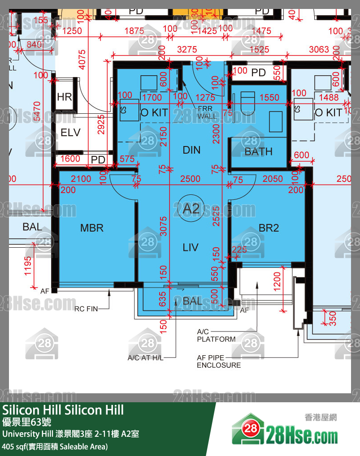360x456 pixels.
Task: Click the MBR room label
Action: coord(92,228)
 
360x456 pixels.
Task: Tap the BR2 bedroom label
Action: coord(269,228)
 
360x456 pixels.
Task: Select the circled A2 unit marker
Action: coord(191,208)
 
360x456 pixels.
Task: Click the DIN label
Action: coord(191,150)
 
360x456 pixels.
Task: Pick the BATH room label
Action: coord(258,152)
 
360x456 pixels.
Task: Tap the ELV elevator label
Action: coord(70,133)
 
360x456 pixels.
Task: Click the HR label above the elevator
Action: coord(65,97)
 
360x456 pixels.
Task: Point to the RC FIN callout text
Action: coord(86,308)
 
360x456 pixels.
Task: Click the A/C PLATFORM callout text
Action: coord(216,336)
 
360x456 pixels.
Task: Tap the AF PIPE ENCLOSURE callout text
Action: coord(219,361)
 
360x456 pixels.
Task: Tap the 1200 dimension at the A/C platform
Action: coord(277,280)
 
